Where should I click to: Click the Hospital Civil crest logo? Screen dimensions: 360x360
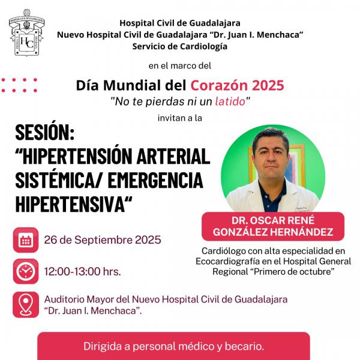point(26,32)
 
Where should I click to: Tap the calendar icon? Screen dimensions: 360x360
point(26,240)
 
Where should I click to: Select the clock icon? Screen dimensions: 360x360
point(26,271)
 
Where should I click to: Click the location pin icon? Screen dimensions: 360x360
point(26,305)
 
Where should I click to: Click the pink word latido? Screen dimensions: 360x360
point(230,101)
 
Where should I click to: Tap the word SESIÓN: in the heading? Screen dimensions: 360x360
point(45,133)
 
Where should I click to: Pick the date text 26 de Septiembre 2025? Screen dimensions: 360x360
point(103,240)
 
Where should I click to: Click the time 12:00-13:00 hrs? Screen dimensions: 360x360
point(82,272)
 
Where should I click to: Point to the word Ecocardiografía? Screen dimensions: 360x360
point(236,261)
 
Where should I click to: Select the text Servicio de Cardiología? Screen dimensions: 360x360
point(180,46)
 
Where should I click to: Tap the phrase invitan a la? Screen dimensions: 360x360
point(180,118)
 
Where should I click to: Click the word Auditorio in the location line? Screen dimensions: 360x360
point(64,299)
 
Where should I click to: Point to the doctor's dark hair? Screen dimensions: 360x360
point(270,137)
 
